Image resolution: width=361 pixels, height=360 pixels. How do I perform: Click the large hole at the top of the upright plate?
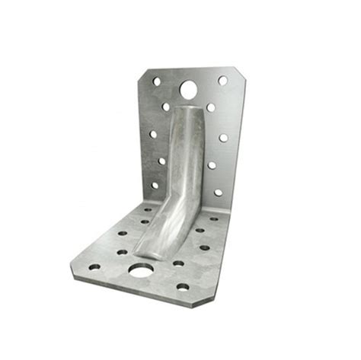tap(188, 90)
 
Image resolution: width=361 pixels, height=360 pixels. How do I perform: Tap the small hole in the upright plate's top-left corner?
tap(157, 81)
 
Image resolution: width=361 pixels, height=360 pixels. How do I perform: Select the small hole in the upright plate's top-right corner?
tap(222, 80)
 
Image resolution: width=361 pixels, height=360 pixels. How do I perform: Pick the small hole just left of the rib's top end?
tap(165, 107)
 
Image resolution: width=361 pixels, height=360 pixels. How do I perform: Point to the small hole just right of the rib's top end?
tap(211, 107)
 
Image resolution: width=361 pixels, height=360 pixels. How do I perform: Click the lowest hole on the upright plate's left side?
tap(155, 185)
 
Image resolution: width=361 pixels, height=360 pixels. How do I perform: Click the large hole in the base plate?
tap(140, 269)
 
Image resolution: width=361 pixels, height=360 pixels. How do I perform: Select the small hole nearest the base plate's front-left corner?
tap(94, 266)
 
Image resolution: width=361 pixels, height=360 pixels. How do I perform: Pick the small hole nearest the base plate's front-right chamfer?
tap(183, 287)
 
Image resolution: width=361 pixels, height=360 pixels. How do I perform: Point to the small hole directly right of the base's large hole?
tap(178, 263)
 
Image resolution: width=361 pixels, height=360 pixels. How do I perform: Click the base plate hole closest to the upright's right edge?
tap(213, 219)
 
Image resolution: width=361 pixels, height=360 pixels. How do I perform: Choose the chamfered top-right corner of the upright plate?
tap(240, 73)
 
